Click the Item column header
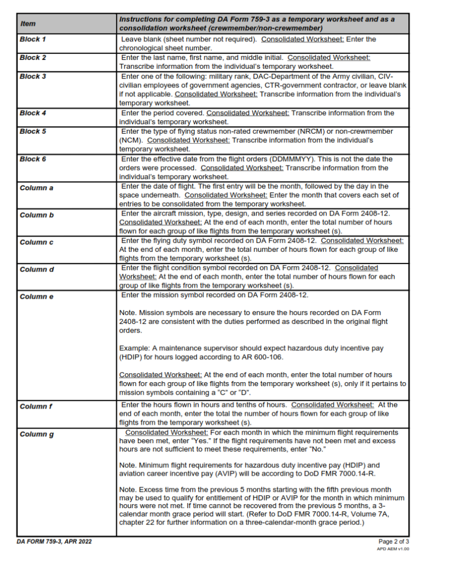point(27,24)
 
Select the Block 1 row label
point(33,40)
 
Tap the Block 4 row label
point(33,113)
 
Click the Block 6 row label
point(33,159)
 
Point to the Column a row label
point(36,187)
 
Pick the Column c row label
point(36,242)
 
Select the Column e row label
point(36,296)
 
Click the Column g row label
point(36,434)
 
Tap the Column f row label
point(36,406)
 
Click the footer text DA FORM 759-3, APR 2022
point(54,542)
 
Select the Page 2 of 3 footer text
point(394,541)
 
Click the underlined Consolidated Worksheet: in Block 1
point(303,39)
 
